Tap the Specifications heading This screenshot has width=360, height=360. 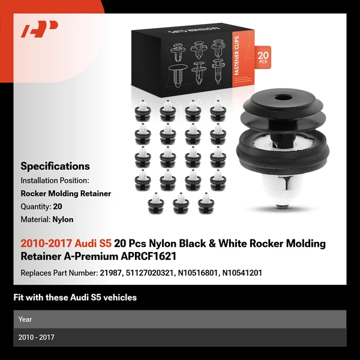click(x=55, y=166)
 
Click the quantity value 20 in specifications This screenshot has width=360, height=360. click(x=58, y=206)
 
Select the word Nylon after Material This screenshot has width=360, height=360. click(x=63, y=220)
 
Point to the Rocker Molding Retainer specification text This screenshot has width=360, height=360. click(x=66, y=193)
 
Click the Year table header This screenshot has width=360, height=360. click(x=25, y=319)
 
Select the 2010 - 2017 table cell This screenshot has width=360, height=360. click(x=37, y=337)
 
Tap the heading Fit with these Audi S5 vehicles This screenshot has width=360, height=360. click(x=75, y=297)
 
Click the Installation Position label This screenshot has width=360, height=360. click(x=55, y=180)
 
